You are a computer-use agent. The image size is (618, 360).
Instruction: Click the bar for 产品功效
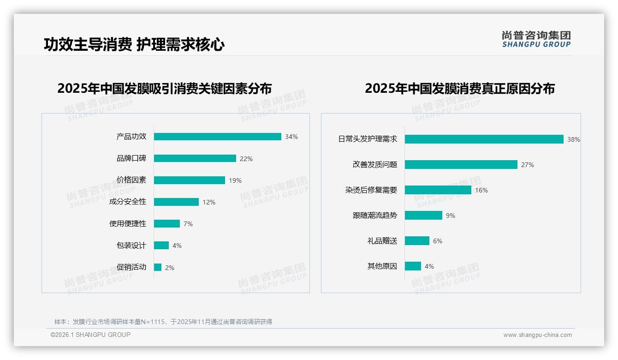click(217, 137)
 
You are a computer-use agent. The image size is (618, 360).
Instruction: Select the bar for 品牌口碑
click(195, 158)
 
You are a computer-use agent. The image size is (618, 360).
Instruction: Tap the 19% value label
click(235, 180)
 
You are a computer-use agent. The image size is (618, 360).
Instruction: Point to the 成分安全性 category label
click(128, 202)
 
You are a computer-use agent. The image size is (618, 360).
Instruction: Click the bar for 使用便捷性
click(166, 223)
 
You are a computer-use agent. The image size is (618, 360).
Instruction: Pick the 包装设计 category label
click(131, 245)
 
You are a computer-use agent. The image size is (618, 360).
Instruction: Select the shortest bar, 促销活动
click(158, 267)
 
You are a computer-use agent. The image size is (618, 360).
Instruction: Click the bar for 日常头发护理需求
click(484, 139)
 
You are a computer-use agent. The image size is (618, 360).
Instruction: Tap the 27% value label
click(528, 165)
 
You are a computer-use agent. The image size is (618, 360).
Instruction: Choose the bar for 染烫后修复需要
click(438, 190)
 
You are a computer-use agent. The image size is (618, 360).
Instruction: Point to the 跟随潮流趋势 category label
click(375, 215)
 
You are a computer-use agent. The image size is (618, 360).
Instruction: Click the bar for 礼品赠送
click(417, 241)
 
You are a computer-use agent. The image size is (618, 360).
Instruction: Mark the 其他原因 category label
click(382, 266)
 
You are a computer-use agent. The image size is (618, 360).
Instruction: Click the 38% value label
click(574, 139)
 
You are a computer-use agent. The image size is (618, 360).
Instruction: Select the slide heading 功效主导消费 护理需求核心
click(134, 45)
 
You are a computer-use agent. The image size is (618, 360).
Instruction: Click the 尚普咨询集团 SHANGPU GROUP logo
click(536, 39)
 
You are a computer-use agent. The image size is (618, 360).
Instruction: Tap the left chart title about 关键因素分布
click(165, 88)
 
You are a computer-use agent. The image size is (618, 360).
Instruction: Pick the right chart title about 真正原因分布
click(460, 88)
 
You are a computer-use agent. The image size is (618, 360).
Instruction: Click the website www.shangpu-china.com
click(537, 335)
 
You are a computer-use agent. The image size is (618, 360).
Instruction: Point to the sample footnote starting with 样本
click(163, 322)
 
